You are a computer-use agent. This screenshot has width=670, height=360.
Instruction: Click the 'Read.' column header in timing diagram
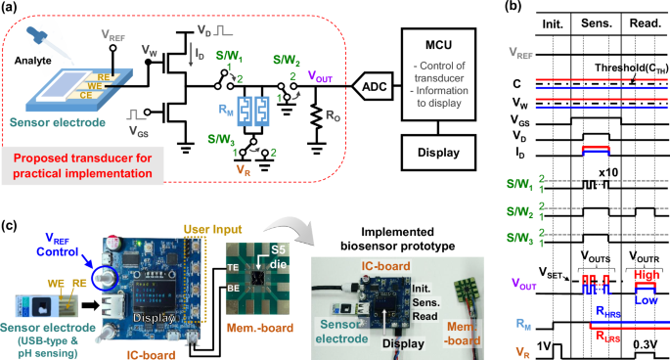click(x=645, y=30)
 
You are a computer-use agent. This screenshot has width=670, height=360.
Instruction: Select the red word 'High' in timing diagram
click(x=646, y=276)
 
